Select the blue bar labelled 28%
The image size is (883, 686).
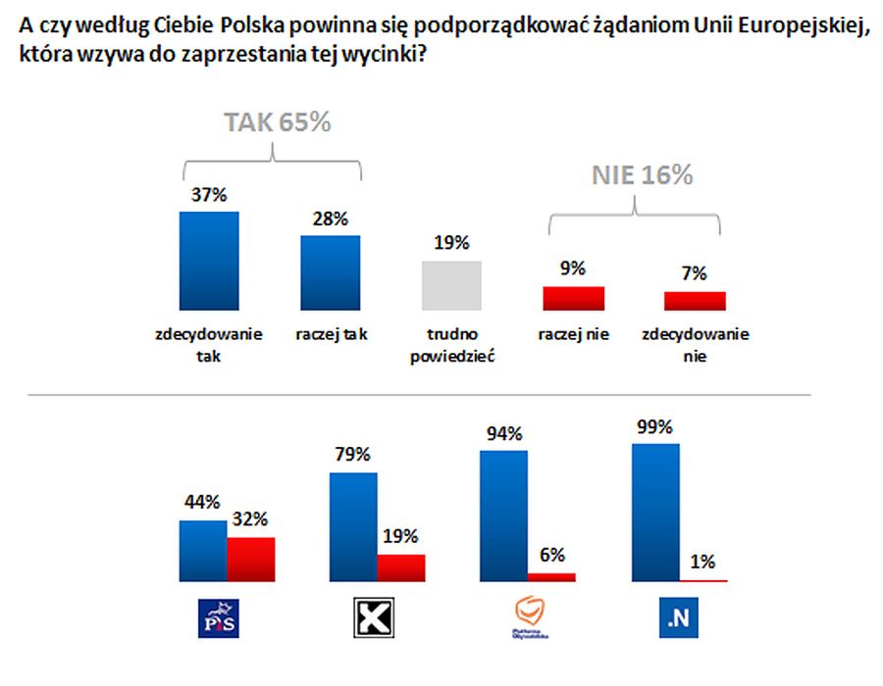[x=330, y=272]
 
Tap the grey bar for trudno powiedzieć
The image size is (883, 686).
[x=451, y=285]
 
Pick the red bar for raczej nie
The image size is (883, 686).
[x=573, y=298]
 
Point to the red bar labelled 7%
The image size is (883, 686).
[x=695, y=301]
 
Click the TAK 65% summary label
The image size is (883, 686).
[x=278, y=122]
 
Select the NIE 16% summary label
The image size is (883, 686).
[x=642, y=175]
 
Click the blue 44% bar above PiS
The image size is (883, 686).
[x=202, y=552]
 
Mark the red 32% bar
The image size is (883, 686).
[x=250, y=560]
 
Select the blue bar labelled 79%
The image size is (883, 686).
[x=353, y=528]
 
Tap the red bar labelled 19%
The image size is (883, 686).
[x=401, y=568]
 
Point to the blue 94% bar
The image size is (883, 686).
[x=503, y=516]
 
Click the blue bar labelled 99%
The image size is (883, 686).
[x=655, y=514]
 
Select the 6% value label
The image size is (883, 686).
[x=552, y=555]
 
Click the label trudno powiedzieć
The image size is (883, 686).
[x=451, y=345]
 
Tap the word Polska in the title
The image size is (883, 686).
[x=243, y=27]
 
